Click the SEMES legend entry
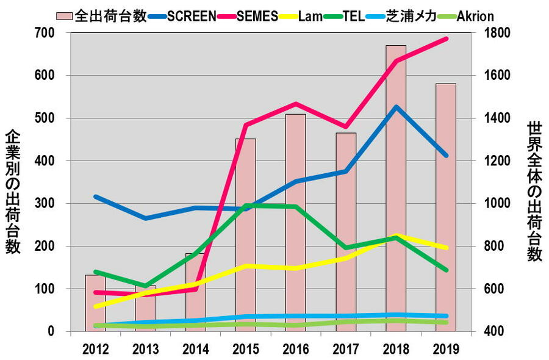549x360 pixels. (256, 16)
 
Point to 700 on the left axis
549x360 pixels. (48, 32)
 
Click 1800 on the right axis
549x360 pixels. (492, 32)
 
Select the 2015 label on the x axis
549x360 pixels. (245, 348)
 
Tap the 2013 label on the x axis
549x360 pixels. (145, 348)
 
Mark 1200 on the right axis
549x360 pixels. (492, 160)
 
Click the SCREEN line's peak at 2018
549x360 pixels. (396, 107)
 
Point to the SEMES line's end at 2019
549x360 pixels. (446, 39)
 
